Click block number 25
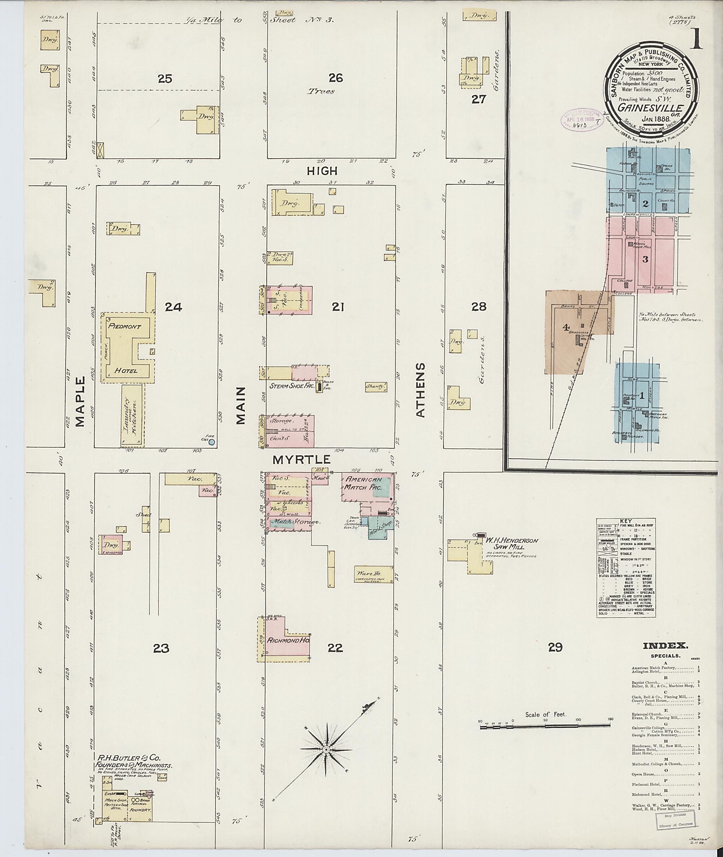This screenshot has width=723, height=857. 165,78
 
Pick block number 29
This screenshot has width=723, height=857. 555,647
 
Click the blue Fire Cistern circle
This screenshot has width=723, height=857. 211,442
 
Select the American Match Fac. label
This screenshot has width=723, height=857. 364,484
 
